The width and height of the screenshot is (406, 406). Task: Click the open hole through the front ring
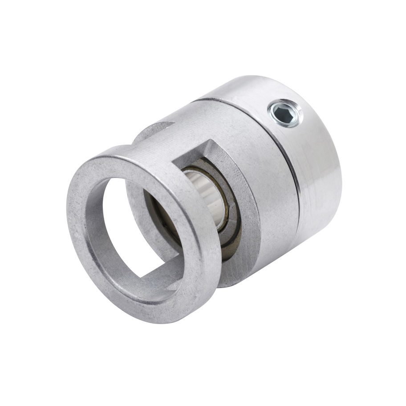click(129, 223)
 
